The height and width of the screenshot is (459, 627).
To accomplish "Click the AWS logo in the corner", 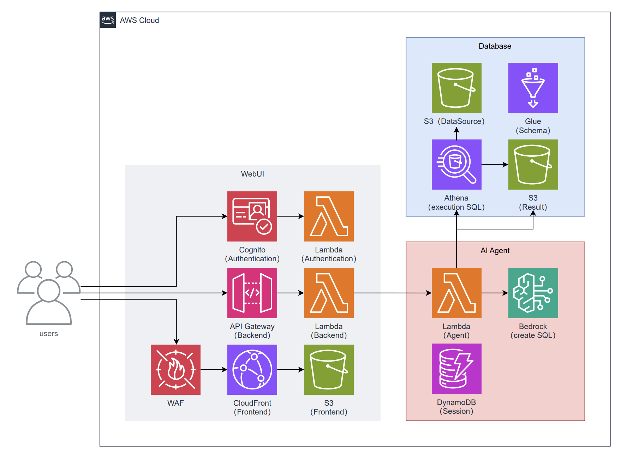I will pyautogui.click(x=108, y=20).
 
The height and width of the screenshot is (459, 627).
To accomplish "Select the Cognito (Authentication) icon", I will pyautogui.click(x=252, y=216).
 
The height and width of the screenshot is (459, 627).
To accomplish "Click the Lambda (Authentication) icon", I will pyautogui.click(x=329, y=216).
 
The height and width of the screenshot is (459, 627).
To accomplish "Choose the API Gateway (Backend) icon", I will pyautogui.click(x=252, y=293).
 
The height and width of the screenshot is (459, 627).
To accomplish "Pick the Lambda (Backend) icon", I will pyautogui.click(x=329, y=293).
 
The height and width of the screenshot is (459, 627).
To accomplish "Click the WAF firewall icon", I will pyautogui.click(x=175, y=370).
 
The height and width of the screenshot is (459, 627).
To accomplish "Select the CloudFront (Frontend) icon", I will pyautogui.click(x=252, y=370).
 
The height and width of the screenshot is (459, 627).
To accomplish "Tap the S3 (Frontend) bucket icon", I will pyautogui.click(x=329, y=370).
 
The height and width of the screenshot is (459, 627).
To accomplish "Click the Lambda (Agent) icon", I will pyautogui.click(x=456, y=293).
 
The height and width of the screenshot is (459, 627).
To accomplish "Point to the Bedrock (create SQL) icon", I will pyautogui.click(x=533, y=293).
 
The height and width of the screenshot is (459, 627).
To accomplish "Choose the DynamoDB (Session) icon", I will pyautogui.click(x=456, y=369).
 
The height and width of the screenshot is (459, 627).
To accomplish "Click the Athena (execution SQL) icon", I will pyautogui.click(x=456, y=165).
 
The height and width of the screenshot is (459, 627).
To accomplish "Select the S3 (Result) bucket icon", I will pyautogui.click(x=533, y=165).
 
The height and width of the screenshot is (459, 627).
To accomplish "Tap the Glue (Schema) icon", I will pyautogui.click(x=533, y=88).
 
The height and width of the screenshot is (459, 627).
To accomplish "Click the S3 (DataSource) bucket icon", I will pyautogui.click(x=456, y=88).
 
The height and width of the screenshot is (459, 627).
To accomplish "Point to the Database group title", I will pyautogui.click(x=495, y=46).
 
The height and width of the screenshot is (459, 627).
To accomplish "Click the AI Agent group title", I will pyautogui.click(x=495, y=251).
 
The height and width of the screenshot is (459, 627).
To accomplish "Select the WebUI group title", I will pyautogui.click(x=252, y=174).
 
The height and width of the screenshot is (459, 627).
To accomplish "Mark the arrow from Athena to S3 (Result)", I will pyautogui.click(x=495, y=165).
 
